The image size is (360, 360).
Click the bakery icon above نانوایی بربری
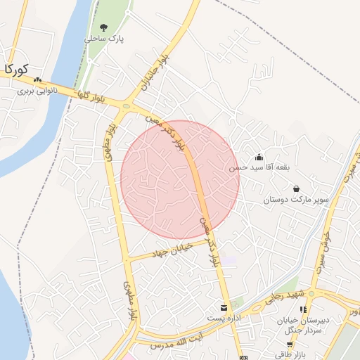point(38,79)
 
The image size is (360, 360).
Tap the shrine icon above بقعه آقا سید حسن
point(259,156)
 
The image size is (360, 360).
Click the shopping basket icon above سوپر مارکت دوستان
point(296,188)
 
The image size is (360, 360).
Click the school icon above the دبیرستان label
point(303,309)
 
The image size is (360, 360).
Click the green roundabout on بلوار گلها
point(126,107)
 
